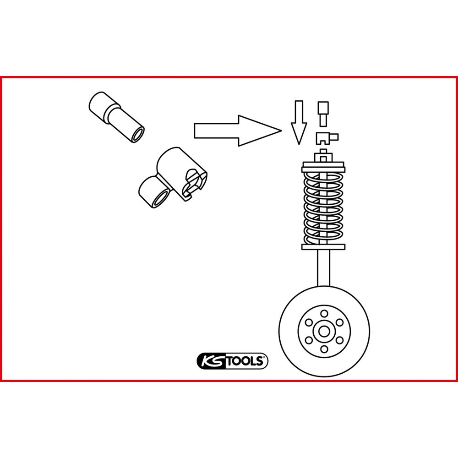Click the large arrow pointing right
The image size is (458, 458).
(x=238, y=131)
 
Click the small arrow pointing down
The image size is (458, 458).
(x=299, y=122)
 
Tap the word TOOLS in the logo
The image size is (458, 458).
(x=245, y=361)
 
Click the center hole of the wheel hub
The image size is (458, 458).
(x=324, y=332)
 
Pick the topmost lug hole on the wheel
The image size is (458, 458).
(x=324, y=314)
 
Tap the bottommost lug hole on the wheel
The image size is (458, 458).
(x=324, y=349)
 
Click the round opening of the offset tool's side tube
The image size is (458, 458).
(x=160, y=199)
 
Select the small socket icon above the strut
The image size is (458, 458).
(x=323, y=114)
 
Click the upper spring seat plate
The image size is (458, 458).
(x=323, y=169)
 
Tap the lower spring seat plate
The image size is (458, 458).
(x=323, y=247)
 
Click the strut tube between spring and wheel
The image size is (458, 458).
(x=323, y=268)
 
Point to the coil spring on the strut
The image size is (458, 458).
(x=323, y=208)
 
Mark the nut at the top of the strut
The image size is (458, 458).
(x=323, y=158)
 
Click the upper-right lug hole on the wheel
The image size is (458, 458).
(x=339, y=322)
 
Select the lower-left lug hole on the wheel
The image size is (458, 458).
(x=308, y=340)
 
